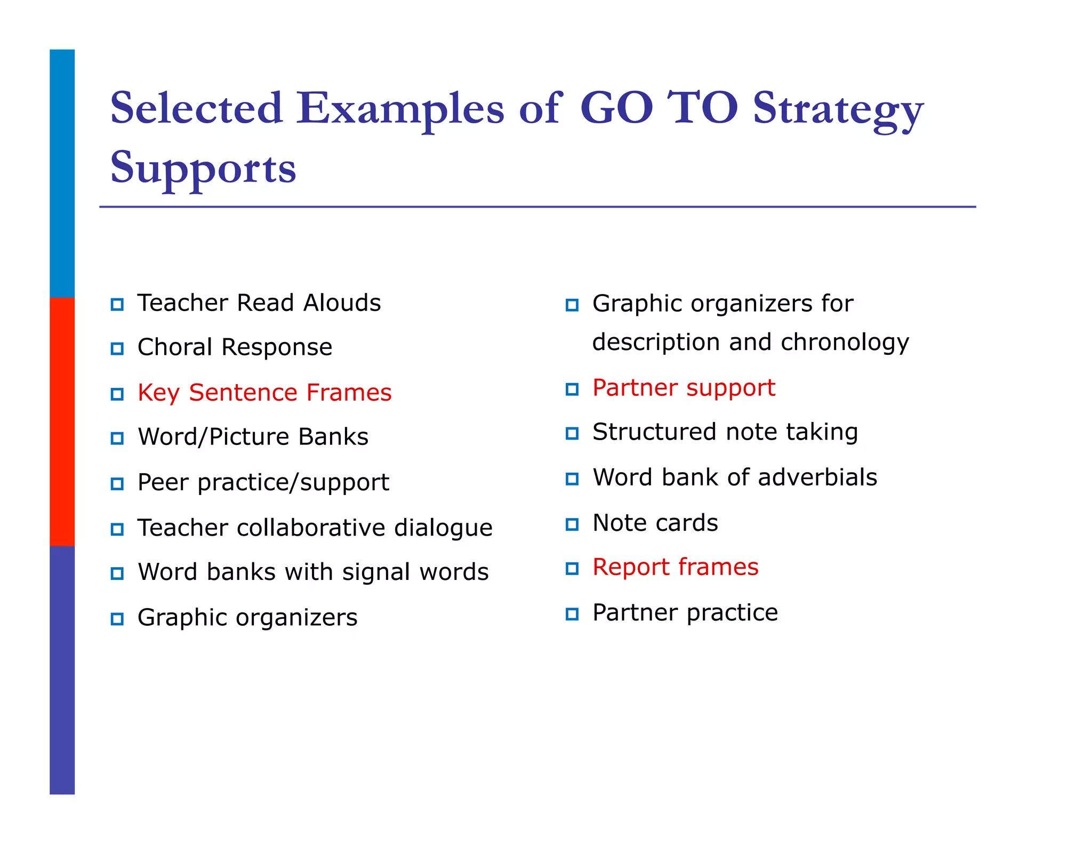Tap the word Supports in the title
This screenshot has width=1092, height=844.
pos(203,168)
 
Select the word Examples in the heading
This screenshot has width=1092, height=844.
pos(400,109)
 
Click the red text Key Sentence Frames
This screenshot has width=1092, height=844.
pos(264,393)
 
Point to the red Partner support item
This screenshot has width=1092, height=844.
pos(684,388)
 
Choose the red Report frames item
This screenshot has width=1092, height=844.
pos(675,567)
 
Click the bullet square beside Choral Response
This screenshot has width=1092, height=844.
pos(117,349)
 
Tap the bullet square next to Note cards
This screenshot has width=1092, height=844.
pos(572,524)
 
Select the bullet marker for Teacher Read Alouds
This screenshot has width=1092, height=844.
pos(117,305)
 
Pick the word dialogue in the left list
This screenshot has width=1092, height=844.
pos(443,528)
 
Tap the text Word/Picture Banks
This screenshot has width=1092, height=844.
pos(253,437)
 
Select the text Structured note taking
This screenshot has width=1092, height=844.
pos(725,432)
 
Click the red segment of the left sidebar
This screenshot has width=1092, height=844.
pos(62,421)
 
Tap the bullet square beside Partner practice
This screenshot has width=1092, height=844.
pos(572,614)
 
